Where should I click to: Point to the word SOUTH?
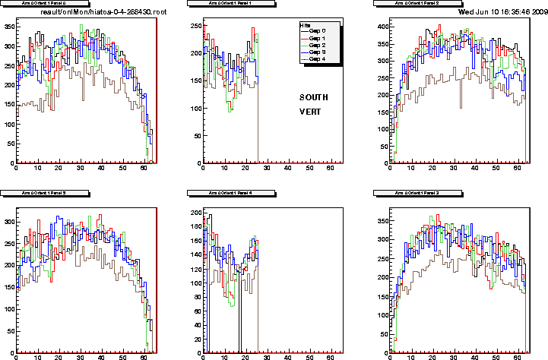pyautogui.click(x=315, y=97)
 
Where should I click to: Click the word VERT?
pyautogui.click(x=310, y=112)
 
